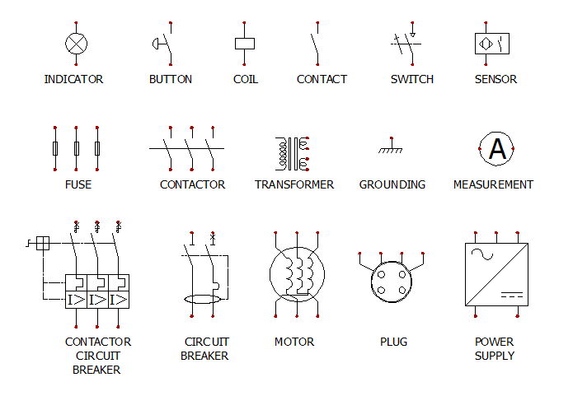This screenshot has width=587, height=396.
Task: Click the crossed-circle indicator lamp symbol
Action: [77, 44]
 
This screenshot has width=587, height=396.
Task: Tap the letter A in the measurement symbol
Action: [497, 149]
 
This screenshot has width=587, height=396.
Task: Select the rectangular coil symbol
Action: [245, 44]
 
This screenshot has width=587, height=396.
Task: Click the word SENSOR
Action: [495, 80]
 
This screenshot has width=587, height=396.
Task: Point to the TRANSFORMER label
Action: [294, 185]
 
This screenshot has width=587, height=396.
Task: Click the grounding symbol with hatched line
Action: [392, 149]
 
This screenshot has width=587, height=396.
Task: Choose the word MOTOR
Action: [294, 342]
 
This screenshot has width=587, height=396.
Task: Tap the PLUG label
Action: [393, 342]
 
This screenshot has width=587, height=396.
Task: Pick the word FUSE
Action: [78, 185]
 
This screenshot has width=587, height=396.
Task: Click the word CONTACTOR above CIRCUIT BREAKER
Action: [97, 342]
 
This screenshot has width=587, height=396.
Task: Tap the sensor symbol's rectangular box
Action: [491, 44]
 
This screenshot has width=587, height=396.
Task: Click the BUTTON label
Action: [171, 80]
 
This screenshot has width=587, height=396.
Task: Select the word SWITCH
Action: [411, 80]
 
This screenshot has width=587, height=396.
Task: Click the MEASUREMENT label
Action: [493, 185]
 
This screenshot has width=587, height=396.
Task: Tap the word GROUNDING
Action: [392, 185]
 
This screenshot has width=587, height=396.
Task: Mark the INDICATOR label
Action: [73, 80]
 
